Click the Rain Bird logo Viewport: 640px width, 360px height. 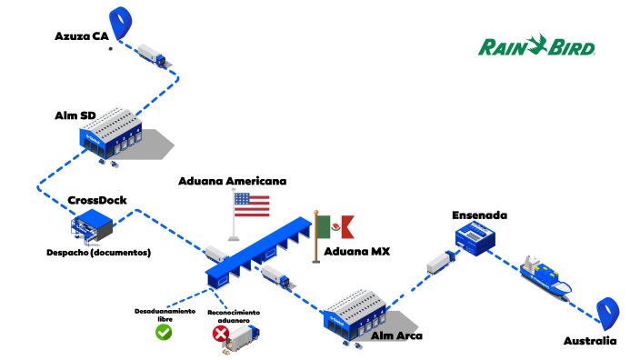(x=536, y=45)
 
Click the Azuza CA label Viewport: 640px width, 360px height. (x=82, y=36)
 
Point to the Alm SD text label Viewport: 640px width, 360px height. (x=75, y=116)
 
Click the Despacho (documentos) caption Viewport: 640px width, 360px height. (x=98, y=252)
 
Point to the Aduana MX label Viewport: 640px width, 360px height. (x=356, y=251)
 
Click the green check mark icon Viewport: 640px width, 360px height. (x=164, y=332)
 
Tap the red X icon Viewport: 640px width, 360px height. (x=219, y=335)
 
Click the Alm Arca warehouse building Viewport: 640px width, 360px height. (x=356, y=312)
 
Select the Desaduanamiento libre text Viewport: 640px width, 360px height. (x=165, y=315)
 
